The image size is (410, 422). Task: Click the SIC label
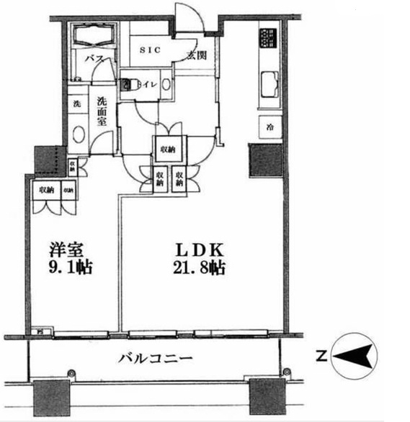coord(151,50)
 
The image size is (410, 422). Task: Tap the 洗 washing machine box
coord(76,103)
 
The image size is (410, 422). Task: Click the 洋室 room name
coord(65,251)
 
